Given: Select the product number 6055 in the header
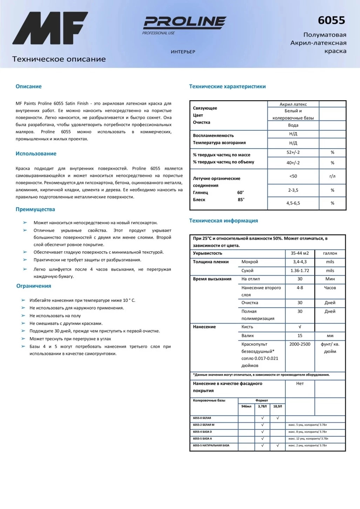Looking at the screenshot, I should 331,20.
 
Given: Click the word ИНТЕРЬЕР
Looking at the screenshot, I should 183,52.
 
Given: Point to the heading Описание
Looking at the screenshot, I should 28,87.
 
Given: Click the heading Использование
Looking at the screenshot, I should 36,154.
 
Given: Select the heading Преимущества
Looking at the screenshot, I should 35,209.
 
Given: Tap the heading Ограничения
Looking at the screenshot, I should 34,286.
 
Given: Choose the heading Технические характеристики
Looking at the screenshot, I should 227,87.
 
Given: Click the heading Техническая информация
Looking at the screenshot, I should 223,220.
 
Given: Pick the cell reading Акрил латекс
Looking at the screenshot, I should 293,104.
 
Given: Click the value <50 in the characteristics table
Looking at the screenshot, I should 293,176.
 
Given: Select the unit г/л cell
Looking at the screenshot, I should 332,176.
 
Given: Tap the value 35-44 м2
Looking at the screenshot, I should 300,253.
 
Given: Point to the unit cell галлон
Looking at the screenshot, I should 330,253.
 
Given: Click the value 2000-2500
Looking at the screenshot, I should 300,344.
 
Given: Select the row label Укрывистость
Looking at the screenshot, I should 208,253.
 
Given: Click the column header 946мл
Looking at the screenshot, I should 246,406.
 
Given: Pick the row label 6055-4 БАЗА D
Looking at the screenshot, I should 202,432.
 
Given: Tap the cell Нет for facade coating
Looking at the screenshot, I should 300,384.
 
